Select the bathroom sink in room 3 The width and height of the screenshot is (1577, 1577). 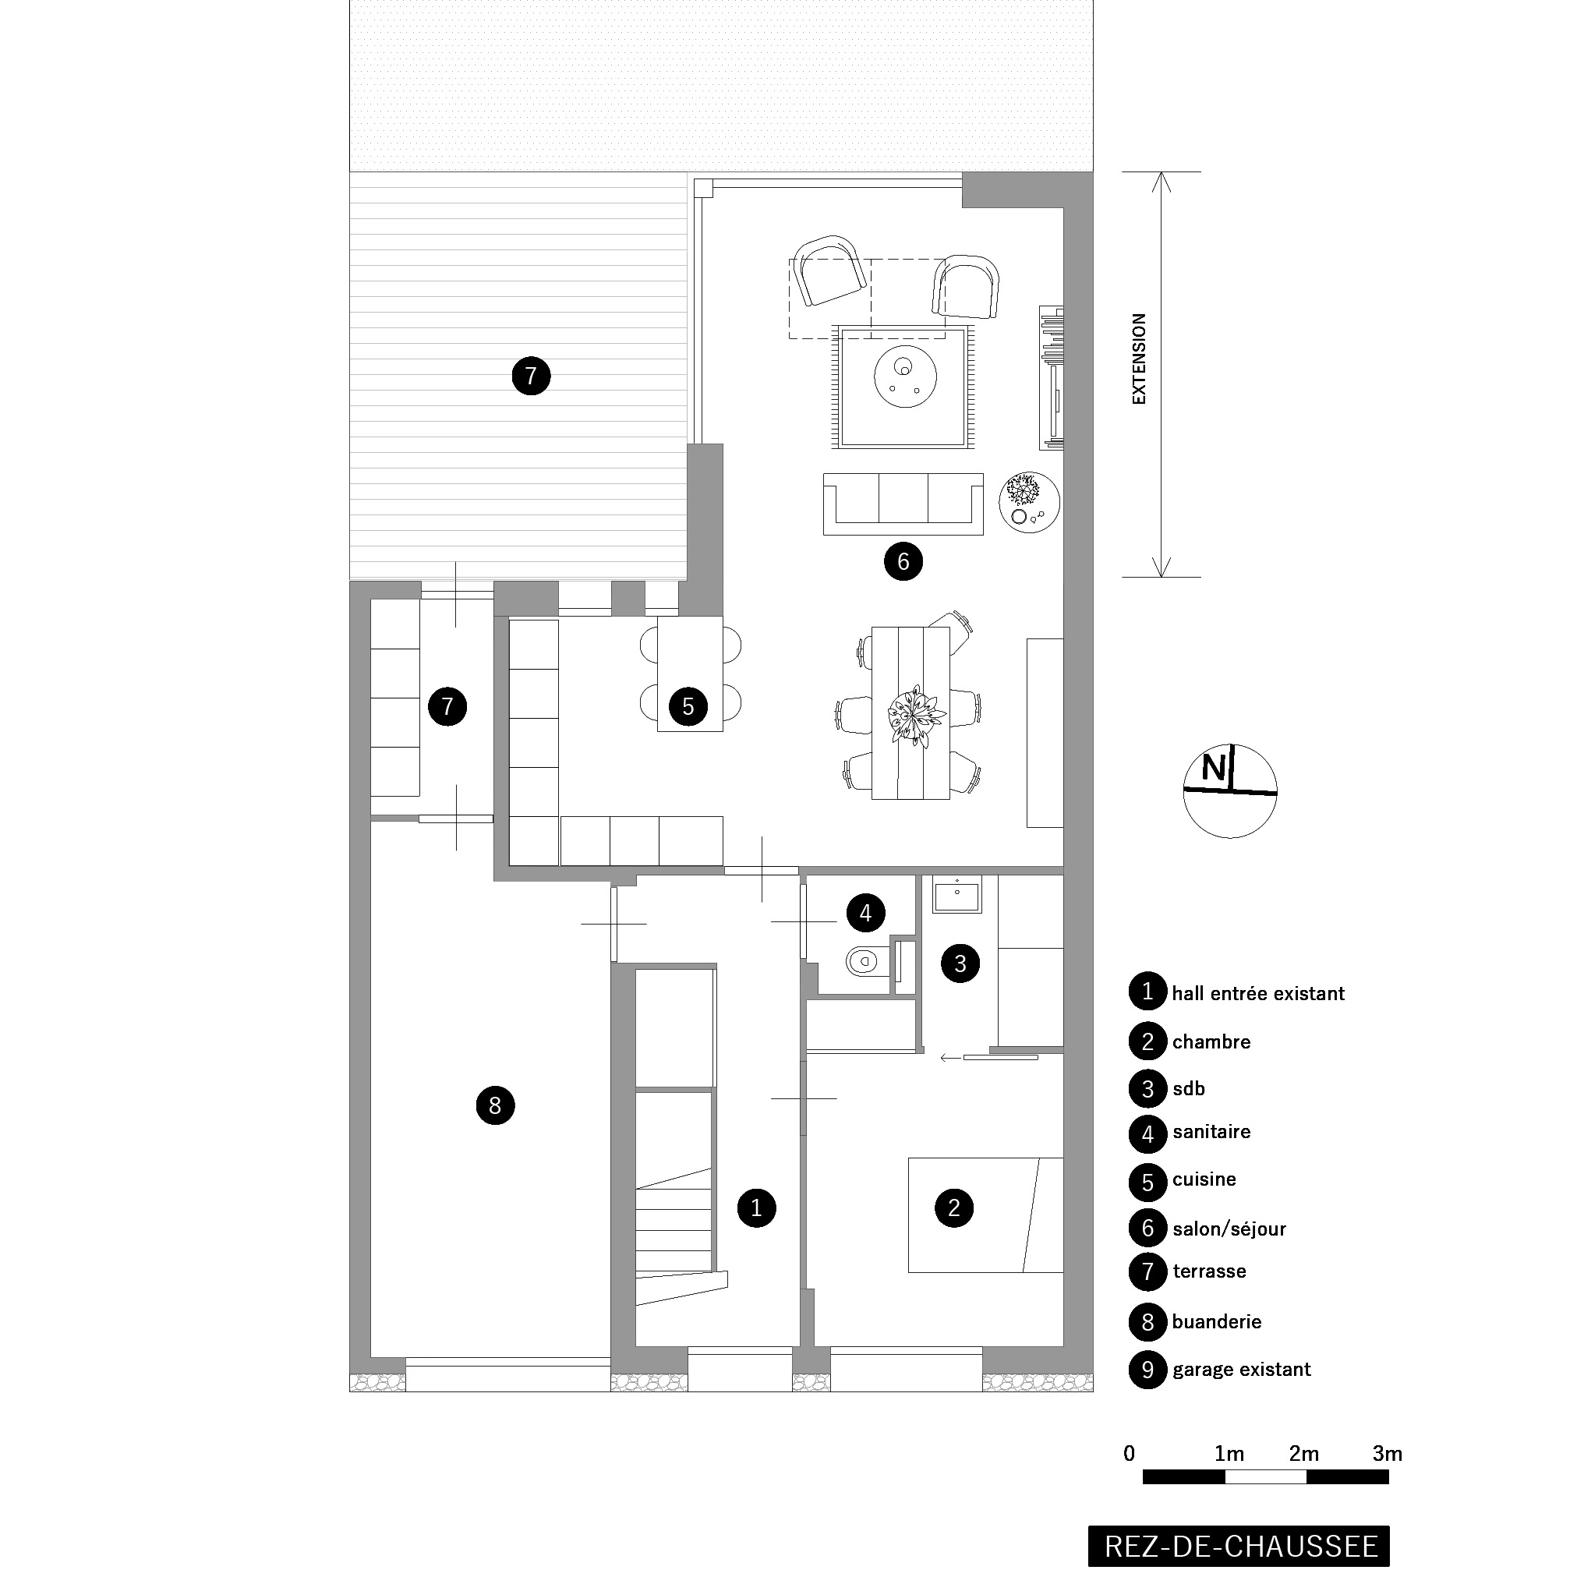point(957,895)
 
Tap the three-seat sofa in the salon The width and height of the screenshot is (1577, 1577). point(903,504)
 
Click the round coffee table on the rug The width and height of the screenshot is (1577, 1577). point(903,377)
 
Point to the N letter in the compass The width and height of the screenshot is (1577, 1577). point(1213,768)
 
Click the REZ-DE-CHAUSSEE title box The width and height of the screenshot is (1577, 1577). point(1240,1546)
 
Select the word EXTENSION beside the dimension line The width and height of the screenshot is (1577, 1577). point(1140,359)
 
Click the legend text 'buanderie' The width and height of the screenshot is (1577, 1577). point(1216,1321)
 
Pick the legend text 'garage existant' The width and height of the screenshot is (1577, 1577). point(1242,1370)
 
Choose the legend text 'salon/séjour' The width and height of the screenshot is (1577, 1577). point(1229,1229)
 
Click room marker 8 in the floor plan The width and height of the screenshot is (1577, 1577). point(496,1106)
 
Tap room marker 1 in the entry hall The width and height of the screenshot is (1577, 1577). point(757,1208)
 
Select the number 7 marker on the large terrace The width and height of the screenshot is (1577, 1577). point(532,377)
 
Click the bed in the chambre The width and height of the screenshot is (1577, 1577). point(986,1215)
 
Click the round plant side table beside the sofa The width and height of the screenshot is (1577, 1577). point(1029,502)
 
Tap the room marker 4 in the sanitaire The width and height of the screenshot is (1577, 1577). point(866,913)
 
